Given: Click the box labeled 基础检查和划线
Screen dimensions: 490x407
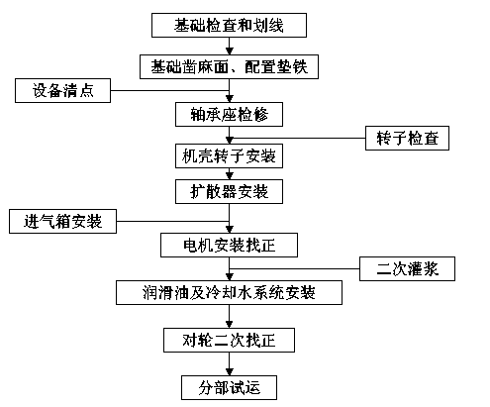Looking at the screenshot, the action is [229, 25].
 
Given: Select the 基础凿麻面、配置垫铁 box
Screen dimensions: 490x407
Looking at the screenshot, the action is [229, 66].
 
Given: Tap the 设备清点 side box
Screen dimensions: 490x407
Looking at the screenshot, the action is [62, 90].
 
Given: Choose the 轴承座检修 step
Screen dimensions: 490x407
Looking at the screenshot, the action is [229, 114].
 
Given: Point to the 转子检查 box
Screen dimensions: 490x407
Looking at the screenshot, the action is [407, 138].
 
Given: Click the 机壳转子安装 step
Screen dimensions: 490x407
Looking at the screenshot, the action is [229, 155].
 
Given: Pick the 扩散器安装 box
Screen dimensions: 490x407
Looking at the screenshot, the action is [229, 191].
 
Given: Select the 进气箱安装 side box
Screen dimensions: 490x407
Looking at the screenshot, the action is [62, 221].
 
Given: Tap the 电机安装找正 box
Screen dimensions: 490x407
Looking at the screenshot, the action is [229, 245].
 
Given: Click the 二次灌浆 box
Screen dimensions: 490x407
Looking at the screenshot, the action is [407, 268].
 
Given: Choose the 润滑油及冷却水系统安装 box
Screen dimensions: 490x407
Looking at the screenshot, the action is [229, 292].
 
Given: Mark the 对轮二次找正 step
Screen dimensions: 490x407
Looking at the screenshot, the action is [229, 340].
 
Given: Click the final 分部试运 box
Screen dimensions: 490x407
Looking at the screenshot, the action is [229, 387].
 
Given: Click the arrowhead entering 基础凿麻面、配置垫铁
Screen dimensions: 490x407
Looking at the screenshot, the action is [230, 51].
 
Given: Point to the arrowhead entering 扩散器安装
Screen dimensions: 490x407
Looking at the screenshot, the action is [230, 176].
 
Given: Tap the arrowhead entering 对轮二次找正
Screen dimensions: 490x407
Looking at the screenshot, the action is [230, 325].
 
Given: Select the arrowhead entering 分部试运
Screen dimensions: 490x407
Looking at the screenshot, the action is [230, 372].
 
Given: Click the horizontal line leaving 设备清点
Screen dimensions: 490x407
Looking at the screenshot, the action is [170, 90].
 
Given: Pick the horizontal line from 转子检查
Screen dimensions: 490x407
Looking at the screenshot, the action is [297, 138].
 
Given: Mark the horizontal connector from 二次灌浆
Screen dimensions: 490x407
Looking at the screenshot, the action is [294, 268].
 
